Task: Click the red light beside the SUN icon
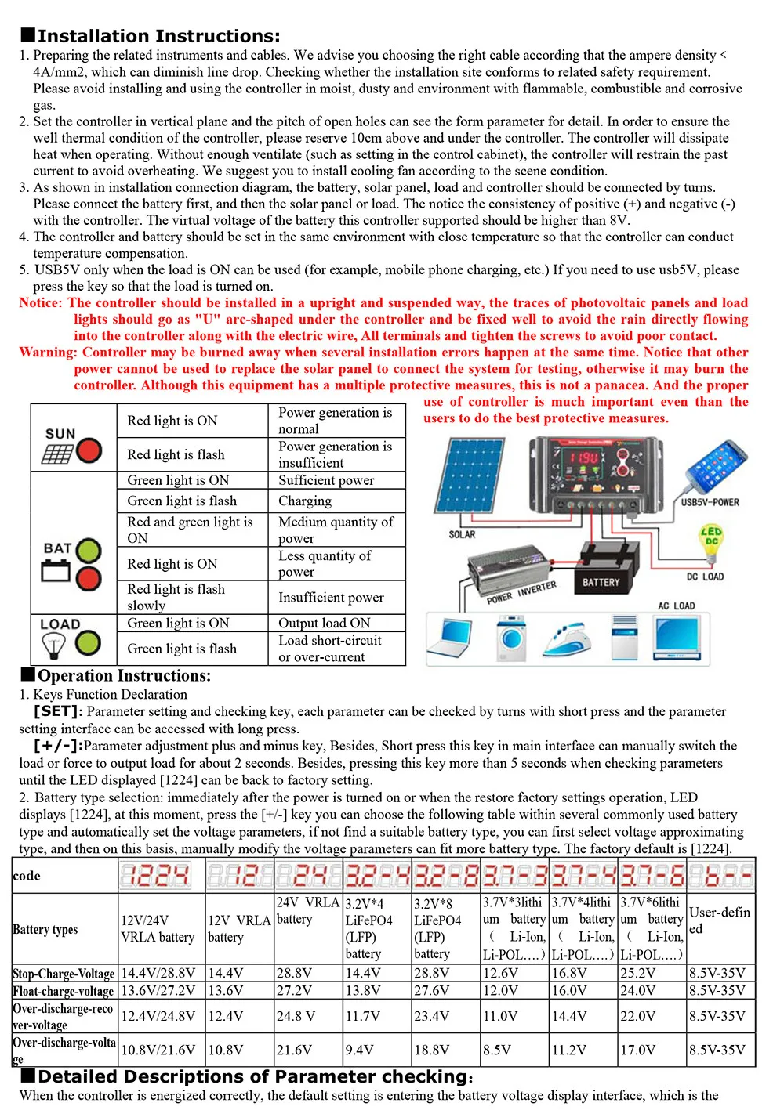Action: coord(89,450)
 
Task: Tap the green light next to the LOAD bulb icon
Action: coord(89,643)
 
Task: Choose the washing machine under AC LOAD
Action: coord(510,638)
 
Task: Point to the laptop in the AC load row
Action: coord(452,638)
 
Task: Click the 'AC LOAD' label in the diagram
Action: coord(676,606)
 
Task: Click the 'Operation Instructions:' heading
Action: coord(124,675)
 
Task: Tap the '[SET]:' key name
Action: coord(57,711)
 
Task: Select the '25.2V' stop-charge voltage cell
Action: coord(638,973)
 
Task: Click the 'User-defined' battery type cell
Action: coord(720,920)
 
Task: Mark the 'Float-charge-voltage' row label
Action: coord(64,991)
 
